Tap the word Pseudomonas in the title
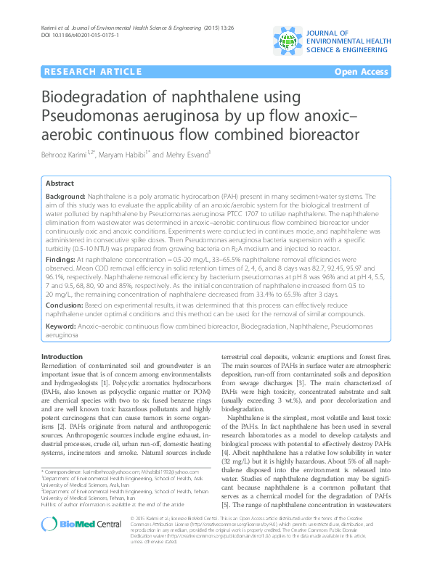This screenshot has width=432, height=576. coord(89,117)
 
